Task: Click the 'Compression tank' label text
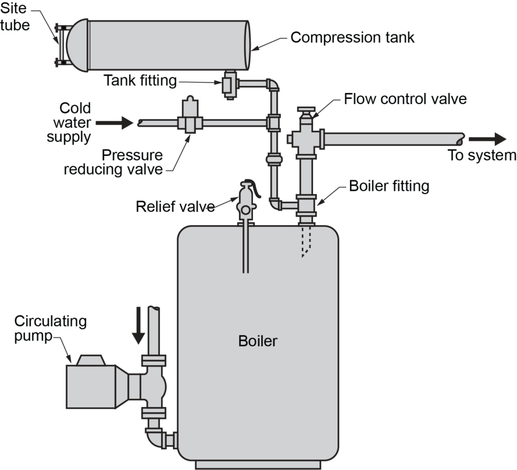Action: pos(352,38)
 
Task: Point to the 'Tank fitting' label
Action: pos(140,80)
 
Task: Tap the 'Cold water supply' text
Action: pos(69,122)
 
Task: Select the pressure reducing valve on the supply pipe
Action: pos(189,117)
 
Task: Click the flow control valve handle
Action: pos(306,110)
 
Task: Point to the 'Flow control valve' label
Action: pos(405,99)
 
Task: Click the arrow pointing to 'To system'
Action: pos(487,139)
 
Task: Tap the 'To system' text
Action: pos(482,155)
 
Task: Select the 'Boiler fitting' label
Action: pos(389,186)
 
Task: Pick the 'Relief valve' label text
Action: pos(175,206)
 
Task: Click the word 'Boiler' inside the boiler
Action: pos(257,341)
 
